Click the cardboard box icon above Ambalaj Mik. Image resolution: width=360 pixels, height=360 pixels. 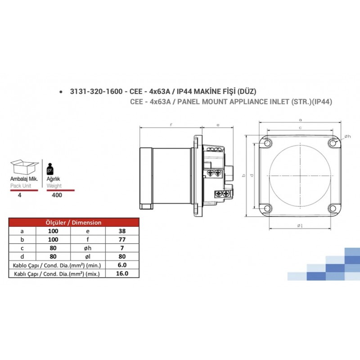coord(24,167)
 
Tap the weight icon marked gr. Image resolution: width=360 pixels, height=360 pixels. coord(50,169)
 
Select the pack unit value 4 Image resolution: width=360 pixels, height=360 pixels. coord(20,195)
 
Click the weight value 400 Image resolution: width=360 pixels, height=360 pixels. coord(57,195)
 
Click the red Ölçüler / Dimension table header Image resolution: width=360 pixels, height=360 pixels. coord(74,222)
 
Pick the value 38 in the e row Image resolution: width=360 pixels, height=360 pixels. coord(122,231)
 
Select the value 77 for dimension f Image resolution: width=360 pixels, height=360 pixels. coord(122,239)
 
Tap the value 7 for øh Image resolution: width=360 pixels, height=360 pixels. coord(122,248)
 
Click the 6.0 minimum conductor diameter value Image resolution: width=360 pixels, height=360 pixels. coord(122,265)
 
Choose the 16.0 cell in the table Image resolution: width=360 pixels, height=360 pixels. coord(122,274)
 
